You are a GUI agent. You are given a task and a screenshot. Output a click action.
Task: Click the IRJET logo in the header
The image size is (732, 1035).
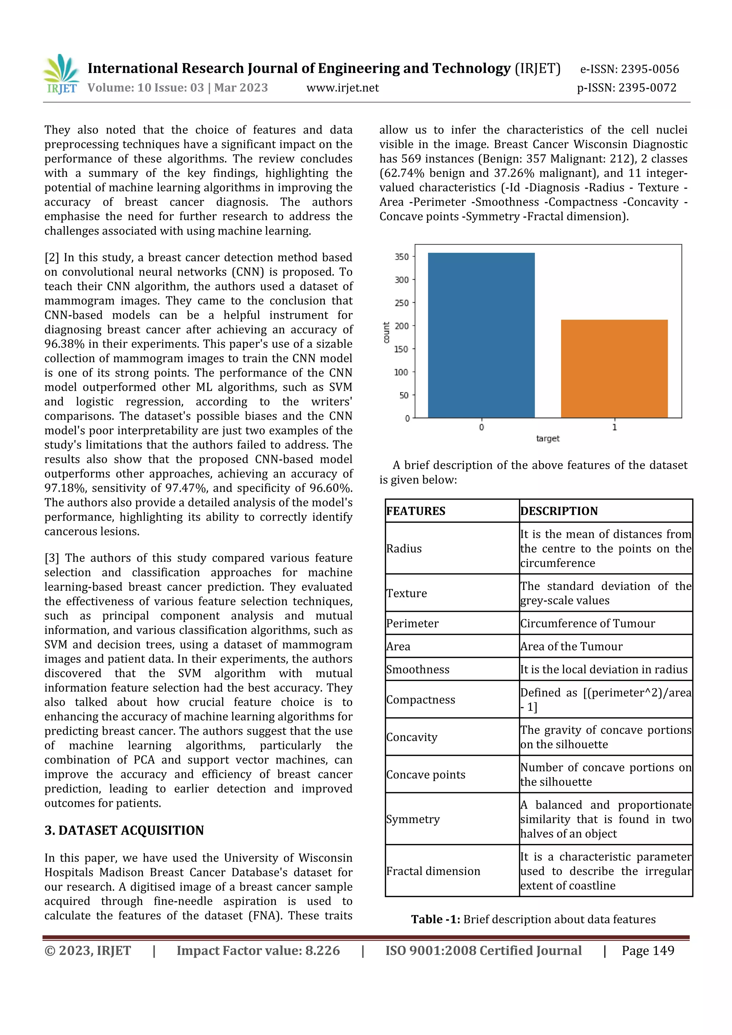(x=61, y=74)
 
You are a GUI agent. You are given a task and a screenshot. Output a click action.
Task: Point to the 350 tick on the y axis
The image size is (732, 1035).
(x=401, y=257)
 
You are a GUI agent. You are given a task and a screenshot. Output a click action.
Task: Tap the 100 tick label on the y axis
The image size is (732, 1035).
(x=401, y=372)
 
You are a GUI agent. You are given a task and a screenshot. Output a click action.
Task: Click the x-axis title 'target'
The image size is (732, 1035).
(x=548, y=439)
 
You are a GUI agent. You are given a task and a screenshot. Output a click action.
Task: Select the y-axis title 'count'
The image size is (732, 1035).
(x=386, y=333)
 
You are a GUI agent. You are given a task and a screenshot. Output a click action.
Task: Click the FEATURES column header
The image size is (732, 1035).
(x=415, y=511)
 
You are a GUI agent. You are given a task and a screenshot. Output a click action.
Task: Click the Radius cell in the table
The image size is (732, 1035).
(x=404, y=549)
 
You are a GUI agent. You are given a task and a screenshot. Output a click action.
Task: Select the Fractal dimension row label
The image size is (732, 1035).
(x=433, y=871)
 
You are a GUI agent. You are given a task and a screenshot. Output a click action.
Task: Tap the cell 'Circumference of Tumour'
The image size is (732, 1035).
(x=587, y=624)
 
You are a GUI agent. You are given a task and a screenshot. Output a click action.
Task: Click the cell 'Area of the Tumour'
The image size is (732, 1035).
(x=571, y=646)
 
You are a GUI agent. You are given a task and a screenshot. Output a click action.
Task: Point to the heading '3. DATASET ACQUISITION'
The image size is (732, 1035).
(x=124, y=830)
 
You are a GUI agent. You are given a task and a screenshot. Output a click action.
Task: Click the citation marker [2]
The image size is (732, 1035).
(x=52, y=257)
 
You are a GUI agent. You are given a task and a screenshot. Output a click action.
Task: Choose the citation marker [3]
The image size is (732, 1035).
(x=52, y=558)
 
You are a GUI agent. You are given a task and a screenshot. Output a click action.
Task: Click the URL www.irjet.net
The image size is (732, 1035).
(x=342, y=88)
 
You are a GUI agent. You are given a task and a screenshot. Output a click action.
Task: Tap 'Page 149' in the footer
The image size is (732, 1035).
(x=648, y=951)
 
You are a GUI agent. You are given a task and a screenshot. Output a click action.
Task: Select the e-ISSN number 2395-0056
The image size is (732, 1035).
(x=649, y=69)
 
